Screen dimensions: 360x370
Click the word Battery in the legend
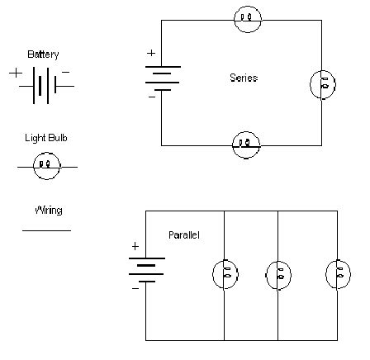point(43,54)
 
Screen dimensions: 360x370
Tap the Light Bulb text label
point(45,138)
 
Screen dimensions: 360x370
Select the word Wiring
point(48,211)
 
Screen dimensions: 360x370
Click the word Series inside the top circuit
point(243,78)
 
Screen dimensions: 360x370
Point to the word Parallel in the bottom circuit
point(183,235)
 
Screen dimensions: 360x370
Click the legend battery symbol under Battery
point(43,84)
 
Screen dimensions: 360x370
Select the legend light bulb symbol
point(46,166)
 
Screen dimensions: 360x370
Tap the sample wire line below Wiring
point(46,230)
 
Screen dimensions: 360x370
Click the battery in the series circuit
point(162,79)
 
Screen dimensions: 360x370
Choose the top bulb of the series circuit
point(247,19)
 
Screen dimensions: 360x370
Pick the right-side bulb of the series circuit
point(321,84)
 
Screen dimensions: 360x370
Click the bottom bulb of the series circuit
point(245,144)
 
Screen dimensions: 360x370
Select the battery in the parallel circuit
point(146,270)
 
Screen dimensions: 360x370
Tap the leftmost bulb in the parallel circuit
point(225,273)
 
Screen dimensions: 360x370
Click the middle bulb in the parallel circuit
point(278,273)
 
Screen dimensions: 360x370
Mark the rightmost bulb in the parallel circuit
point(338,273)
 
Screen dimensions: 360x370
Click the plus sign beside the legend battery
point(16,73)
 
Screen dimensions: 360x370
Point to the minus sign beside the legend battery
point(66,73)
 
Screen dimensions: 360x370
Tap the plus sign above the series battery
point(151,54)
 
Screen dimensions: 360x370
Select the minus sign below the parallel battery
point(135,289)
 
